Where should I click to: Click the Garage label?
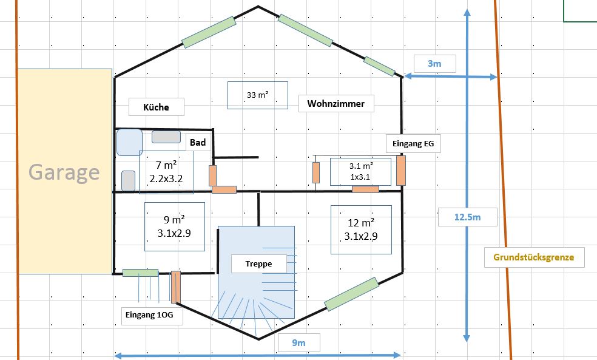pos(64,172)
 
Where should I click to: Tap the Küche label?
pos(156,107)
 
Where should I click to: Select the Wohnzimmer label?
pos(336,104)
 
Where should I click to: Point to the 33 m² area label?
pos(258,95)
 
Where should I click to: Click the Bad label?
pos(198,143)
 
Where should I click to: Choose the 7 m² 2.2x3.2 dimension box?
pos(166,172)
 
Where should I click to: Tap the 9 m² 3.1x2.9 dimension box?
pos(174,226)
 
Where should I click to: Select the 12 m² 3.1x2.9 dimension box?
pos(361,229)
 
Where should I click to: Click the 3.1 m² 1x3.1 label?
pos(360,171)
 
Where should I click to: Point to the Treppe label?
pos(259,263)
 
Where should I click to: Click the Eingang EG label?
pos(414,144)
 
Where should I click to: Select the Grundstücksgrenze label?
pos(534,257)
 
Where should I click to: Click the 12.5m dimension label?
pos(468,217)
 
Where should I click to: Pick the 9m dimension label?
pos(299,343)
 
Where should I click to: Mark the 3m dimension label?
pos(434,64)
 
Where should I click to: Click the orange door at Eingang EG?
pos(401,170)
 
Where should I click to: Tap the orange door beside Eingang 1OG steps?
pos(175,287)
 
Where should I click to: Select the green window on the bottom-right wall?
pos(351,294)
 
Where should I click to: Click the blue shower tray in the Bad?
pos(129,142)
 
